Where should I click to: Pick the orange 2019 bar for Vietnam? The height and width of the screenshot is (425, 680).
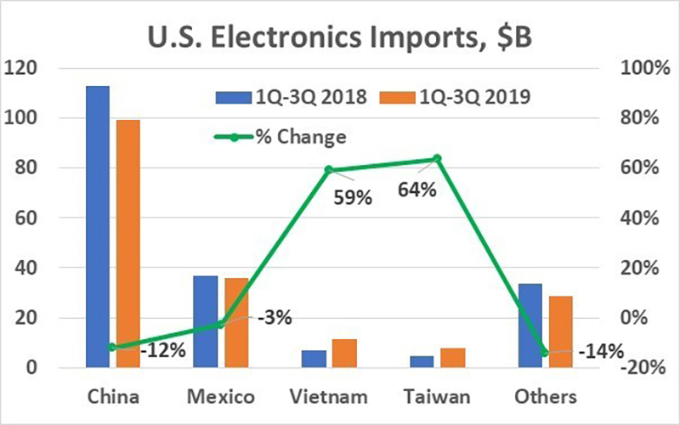tap(344, 354)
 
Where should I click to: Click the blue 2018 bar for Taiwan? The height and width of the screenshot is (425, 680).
tap(422, 361)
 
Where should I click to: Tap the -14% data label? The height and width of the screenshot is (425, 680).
tap(601, 351)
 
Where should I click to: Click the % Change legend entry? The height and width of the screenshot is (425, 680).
tap(289, 137)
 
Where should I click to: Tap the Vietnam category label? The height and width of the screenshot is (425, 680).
tap(328, 397)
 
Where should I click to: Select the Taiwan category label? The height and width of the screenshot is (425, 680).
tap(437, 397)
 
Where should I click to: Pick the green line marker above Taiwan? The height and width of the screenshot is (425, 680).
tap(437, 158)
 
